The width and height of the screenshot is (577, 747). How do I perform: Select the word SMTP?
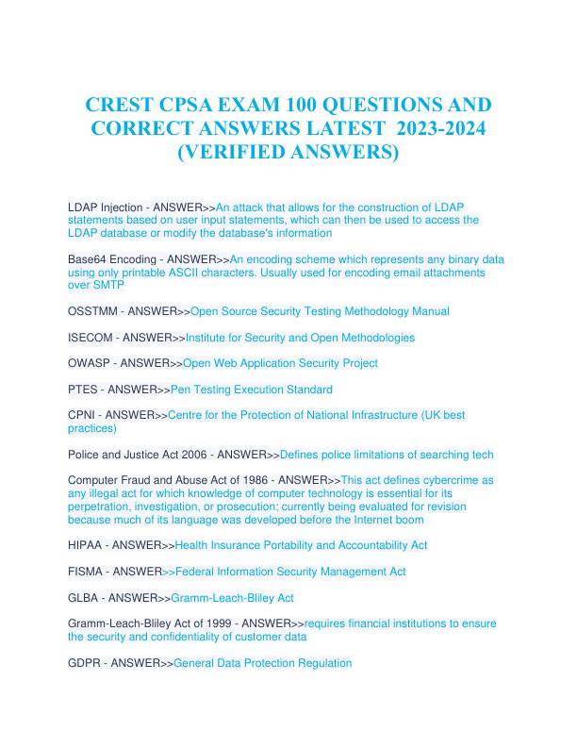click(108, 285)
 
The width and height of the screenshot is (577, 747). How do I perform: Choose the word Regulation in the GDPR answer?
click(321, 663)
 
